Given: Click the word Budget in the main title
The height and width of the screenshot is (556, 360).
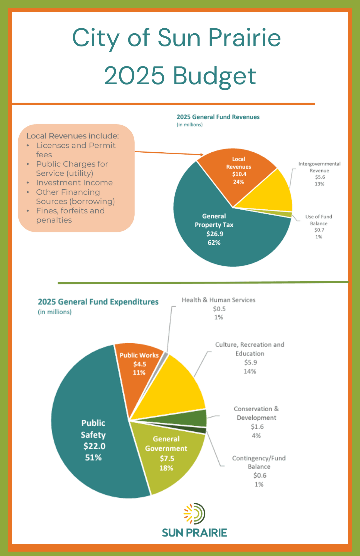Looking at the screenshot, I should [x=214, y=76].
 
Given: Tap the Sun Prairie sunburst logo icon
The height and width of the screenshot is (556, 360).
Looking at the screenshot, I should [x=194, y=512].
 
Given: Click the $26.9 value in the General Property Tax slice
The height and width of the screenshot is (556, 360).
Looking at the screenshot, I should [x=214, y=234].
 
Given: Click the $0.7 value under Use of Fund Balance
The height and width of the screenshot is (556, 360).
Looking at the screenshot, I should [x=319, y=230].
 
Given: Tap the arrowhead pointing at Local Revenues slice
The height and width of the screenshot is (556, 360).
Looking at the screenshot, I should [x=202, y=155].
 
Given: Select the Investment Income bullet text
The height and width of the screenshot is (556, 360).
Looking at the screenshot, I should [x=74, y=183].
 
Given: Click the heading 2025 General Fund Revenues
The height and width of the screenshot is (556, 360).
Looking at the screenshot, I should [x=218, y=117].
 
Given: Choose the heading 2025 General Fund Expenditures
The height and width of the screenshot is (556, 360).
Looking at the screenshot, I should [x=98, y=302].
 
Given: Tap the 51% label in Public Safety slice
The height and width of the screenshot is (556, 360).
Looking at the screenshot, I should [x=93, y=457].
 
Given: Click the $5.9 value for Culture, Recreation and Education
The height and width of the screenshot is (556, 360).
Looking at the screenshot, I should [x=250, y=363].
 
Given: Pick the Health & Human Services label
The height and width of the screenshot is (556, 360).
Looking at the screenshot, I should [x=218, y=300].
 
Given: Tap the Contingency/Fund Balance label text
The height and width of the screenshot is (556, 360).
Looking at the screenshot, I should [x=259, y=462].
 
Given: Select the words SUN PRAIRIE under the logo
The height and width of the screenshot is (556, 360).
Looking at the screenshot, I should [x=194, y=533].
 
